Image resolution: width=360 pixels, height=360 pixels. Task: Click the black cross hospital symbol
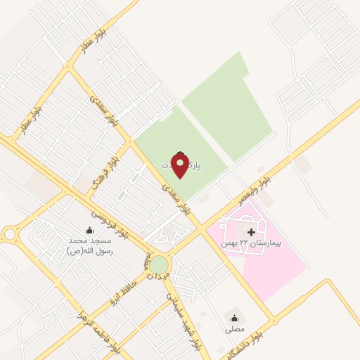click(x=252, y=231)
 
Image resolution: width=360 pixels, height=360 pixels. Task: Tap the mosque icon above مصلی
click(x=233, y=318)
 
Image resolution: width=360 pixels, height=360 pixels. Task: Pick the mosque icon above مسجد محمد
click(x=89, y=230)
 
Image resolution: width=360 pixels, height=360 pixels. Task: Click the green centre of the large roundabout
click(x=160, y=264)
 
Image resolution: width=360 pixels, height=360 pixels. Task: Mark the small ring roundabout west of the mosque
click(x=10, y=233)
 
